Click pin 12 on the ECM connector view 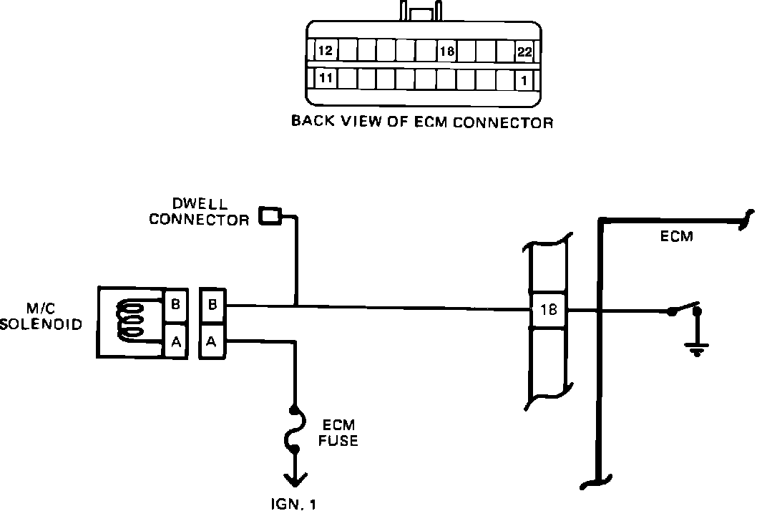326,52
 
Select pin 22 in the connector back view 524,52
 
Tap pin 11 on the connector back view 326,79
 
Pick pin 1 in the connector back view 524,80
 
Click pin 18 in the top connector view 446,52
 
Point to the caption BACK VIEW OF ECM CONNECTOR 422,122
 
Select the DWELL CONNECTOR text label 200,213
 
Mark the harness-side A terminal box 212,342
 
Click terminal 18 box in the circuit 549,311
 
